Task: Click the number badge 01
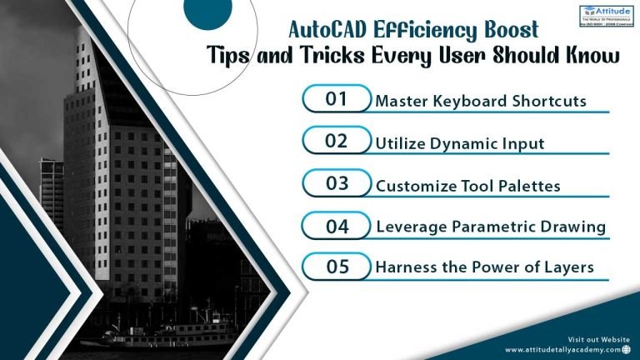click(336, 99)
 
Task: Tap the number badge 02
click(336, 141)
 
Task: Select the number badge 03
click(337, 183)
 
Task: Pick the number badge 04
click(337, 225)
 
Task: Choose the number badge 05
click(337, 267)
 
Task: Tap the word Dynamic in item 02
click(464, 143)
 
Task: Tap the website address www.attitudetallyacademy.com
click(561, 350)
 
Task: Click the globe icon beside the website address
click(626, 350)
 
